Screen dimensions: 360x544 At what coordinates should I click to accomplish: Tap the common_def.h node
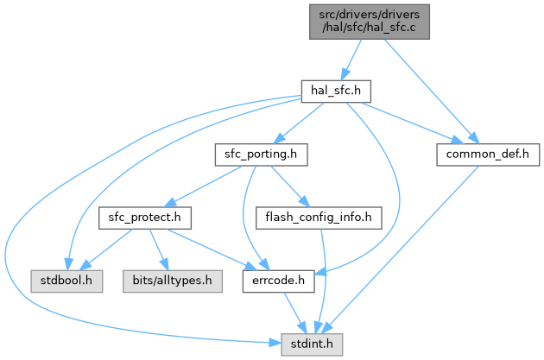pyautogui.click(x=488, y=155)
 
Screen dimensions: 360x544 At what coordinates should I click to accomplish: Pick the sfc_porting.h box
pyautogui.click(x=256, y=155)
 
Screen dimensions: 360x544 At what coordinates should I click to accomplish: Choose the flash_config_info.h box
pyautogui.click(x=319, y=218)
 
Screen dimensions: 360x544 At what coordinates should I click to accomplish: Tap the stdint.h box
pyautogui.click(x=313, y=345)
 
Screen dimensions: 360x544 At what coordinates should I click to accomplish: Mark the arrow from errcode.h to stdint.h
pyautogui.click(x=293, y=313)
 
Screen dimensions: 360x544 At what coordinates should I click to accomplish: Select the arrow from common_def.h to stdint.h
pyautogui.click(x=406, y=250)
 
